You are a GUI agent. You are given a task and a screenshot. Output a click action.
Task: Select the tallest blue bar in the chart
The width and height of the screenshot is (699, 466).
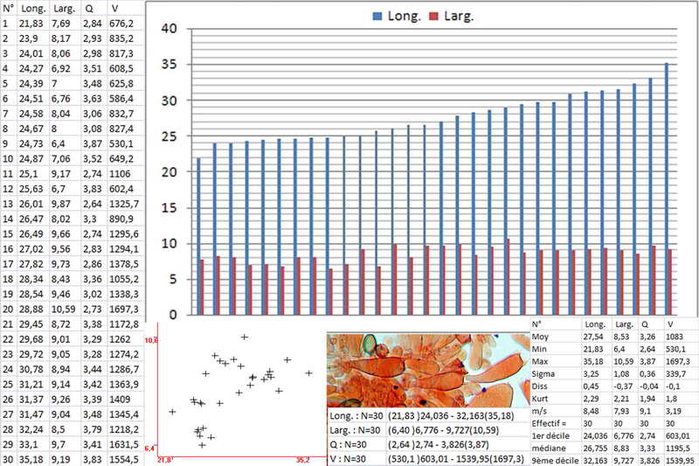coord(668,188)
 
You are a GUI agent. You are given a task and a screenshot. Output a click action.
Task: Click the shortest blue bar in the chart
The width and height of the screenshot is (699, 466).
coord(198,236)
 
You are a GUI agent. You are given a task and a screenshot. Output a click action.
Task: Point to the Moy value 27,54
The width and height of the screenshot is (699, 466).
coord(595,336)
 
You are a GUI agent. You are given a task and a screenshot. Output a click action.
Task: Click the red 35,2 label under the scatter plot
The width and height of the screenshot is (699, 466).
coord(302,458)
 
